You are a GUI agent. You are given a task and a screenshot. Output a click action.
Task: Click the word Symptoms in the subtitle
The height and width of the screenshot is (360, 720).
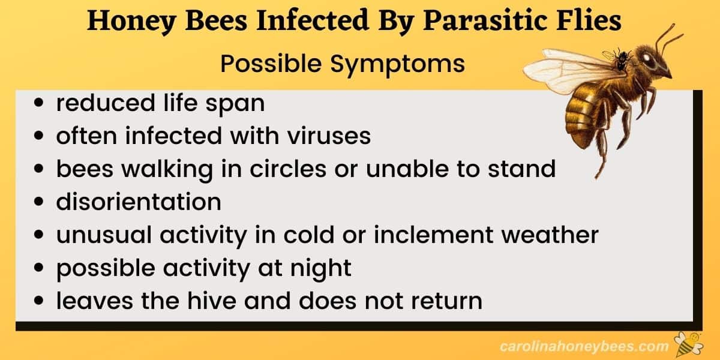(x=397, y=64)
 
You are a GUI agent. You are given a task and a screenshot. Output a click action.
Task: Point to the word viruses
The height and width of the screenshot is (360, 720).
(x=329, y=136)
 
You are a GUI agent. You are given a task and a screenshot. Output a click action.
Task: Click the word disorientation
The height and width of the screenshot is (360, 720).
(x=139, y=202)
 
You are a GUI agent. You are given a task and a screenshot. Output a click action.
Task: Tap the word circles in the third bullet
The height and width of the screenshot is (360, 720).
(x=287, y=169)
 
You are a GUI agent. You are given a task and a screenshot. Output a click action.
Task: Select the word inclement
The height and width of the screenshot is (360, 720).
(x=433, y=235)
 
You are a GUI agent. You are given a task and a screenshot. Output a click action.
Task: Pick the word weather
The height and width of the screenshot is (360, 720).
(x=550, y=235)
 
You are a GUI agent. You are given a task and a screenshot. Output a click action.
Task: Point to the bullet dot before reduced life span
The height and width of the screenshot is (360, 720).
(x=38, y=103)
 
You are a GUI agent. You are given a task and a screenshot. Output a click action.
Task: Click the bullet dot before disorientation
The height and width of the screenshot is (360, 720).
(x=38, y=202)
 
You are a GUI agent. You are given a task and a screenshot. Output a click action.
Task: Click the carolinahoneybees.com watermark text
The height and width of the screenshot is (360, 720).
(x=584, y=347)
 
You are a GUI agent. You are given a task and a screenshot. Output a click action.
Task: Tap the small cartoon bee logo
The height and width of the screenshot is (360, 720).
(x=689, y=344)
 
